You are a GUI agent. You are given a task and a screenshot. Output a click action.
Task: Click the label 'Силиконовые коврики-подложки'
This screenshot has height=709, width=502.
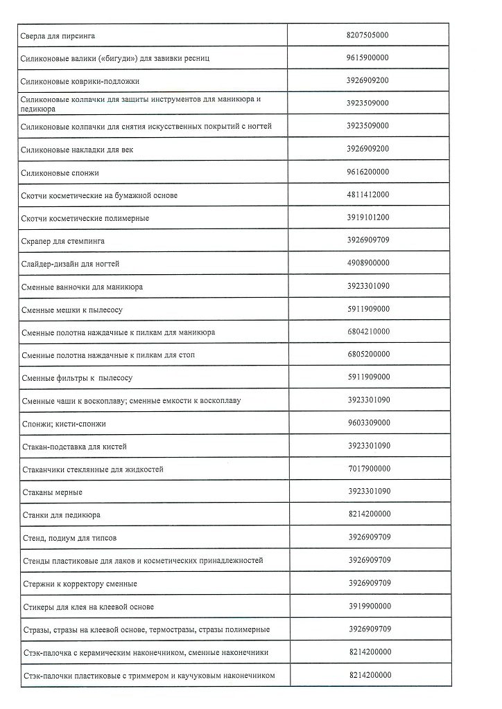[x=80, y=81]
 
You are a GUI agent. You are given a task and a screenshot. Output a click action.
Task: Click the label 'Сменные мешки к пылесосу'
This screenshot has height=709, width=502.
[x=72, y=309]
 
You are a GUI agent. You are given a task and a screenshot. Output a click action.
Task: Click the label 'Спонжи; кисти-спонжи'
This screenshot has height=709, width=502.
[x=64, y=424]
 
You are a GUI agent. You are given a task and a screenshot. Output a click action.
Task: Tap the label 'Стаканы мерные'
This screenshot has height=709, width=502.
[x=52, y=492]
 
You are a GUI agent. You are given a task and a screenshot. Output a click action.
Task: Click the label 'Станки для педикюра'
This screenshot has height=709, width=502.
[x=61, y=515]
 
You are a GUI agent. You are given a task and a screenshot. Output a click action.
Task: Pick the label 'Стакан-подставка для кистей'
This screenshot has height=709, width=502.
[x=74, y=447]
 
